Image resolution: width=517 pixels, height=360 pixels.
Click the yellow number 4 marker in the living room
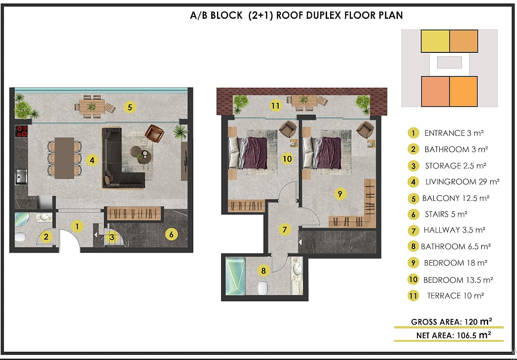pyautogui.click(x=92, y=161)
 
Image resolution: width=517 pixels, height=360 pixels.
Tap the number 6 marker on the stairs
pyautogui.click(x=171, y=234)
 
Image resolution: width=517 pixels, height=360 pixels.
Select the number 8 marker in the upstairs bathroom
pyautogui.click(x=263, y=271)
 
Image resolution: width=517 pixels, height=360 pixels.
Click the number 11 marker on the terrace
pyautogui.click(x=275, y=106)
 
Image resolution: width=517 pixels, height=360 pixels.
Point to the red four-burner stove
pyautogui.click(x=21, y=131)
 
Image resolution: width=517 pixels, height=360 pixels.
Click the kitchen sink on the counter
pyautogui.click(x=21, y=177)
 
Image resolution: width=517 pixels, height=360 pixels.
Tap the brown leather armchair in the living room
pyautogui.click(x=154, y=133)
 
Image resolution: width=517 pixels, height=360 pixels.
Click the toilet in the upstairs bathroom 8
pyautogui.click(x=262, y=288)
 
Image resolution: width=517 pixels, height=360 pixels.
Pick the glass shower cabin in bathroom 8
pyautogui.click(x=235, y=276)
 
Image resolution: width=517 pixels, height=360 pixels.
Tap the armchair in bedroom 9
pyautogui.click(x=365, y=130)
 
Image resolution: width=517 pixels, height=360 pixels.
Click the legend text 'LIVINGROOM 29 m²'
pyautogui.click(x=462, y=182)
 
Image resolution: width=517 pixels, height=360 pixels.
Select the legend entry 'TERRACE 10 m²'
pyautogui.click(x=455, y=296)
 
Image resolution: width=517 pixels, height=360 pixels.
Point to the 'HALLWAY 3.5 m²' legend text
pyautogui.click(x=455, y=230)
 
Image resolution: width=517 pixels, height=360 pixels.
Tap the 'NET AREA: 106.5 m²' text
pyautogui.click(x=454, y=335)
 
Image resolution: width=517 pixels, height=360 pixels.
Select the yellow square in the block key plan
pyautogui.click(x=435, y=41)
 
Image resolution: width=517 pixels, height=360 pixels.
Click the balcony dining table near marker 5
pyautogui.click(x=92, y=106)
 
